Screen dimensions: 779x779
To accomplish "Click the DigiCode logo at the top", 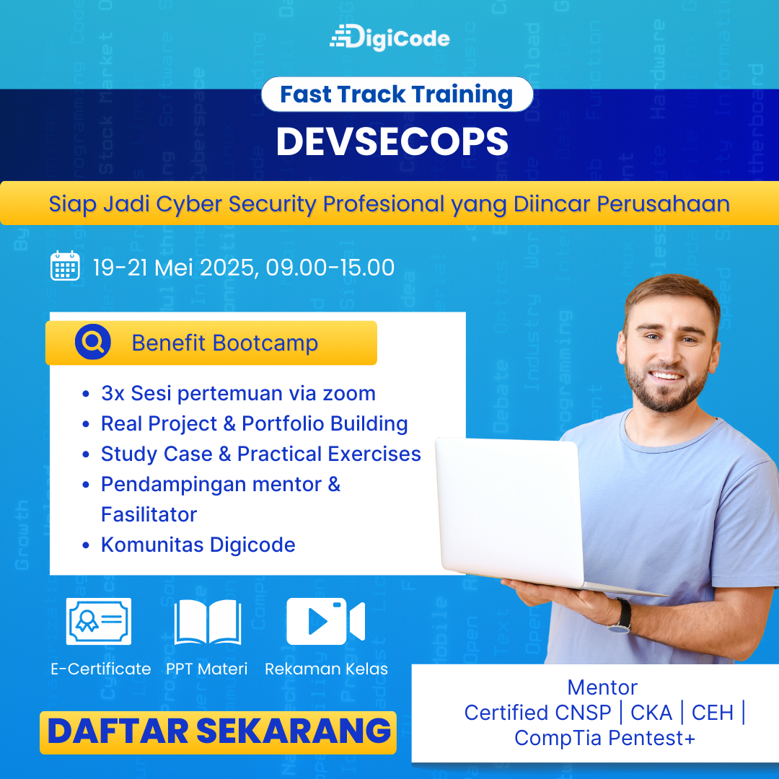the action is [x=389, y=38].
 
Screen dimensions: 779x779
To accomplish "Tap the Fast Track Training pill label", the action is [x=397, y=94].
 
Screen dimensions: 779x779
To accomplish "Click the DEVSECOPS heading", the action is [x=392, y=141].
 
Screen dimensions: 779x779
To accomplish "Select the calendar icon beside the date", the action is [x=65, y=265].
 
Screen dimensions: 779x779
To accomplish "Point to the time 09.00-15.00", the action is [x=330, y=268].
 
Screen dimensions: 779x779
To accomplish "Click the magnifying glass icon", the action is [x=93, y=342].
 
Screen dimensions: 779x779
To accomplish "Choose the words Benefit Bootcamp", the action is [x=224, y=343].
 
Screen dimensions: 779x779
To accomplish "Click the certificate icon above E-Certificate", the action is [x=98, y=622].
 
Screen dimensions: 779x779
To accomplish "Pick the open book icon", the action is [x=208, y=622].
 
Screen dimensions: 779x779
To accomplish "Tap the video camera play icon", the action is [x=326, y=622].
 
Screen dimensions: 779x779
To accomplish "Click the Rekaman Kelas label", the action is [x=326, y=669].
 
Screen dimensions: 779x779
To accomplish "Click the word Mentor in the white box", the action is [x=602, y=687].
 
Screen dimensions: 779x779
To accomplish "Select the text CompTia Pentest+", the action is [x=604, y=739].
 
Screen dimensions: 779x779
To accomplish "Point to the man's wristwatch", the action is [x=621, y=616].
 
